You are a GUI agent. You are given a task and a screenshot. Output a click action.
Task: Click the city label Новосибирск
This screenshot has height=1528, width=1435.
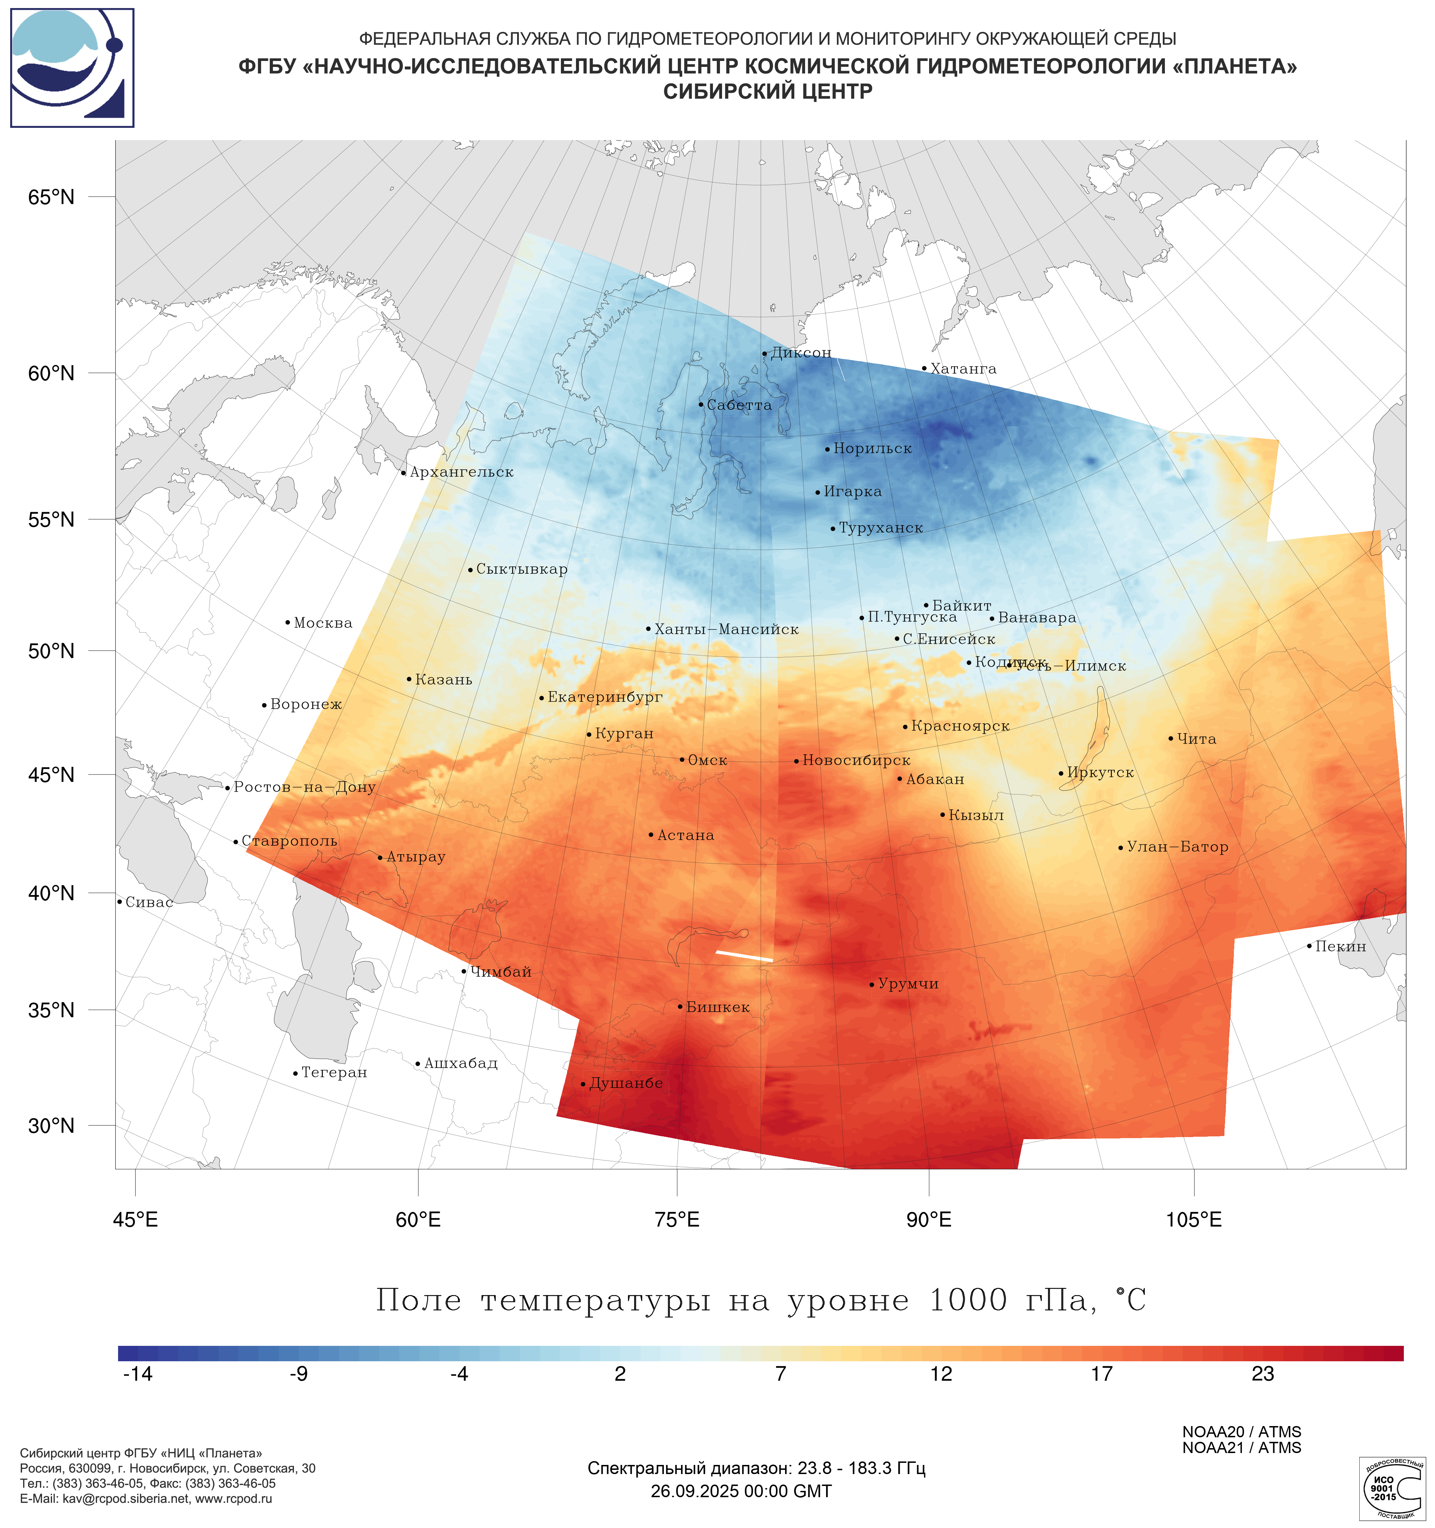pos(856,760)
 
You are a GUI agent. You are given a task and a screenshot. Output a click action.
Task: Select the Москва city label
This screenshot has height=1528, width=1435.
pos(323,622)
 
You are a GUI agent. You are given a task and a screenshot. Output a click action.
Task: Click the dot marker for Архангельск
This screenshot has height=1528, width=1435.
pos(404,473)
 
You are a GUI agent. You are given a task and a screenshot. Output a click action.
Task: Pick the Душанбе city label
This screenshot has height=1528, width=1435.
pos(626,1083)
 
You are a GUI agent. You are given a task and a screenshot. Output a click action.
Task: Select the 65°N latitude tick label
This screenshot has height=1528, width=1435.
pos(52,198)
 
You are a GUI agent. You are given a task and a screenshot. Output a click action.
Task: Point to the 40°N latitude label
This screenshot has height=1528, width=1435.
pos(52,893)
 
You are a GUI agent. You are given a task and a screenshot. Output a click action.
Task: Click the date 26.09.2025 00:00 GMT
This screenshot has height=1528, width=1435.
pos(741,1491)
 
